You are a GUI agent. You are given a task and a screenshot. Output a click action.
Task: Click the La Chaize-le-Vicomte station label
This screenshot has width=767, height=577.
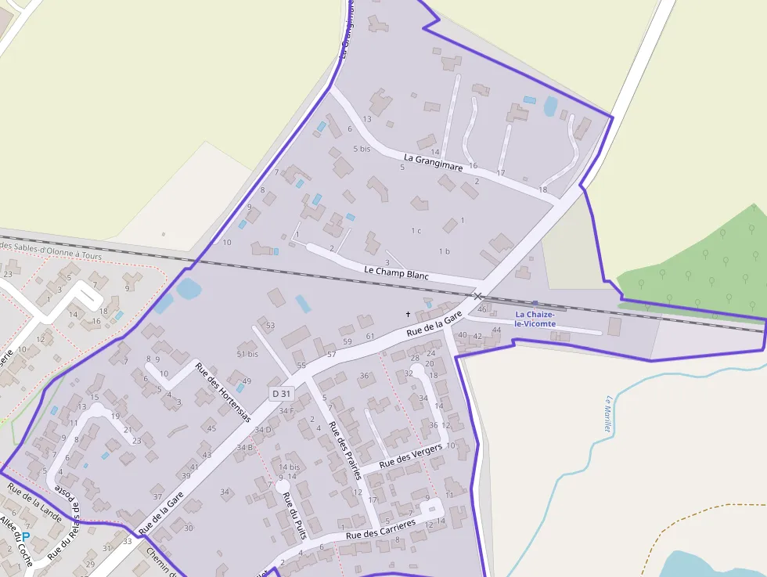pyautogui.click(x=535, y=319)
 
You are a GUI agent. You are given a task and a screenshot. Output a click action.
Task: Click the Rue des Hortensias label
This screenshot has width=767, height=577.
pyautogui.click(x=223, y=391)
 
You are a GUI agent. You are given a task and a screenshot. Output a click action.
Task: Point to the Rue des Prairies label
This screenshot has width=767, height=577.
pyautogui.click(x=344, y=449)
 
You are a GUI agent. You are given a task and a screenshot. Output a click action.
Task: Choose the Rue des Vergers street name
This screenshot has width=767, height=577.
pyautogui.click(x=410, y=456)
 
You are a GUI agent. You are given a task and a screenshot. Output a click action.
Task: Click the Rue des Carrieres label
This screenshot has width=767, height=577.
pyautogui.click(x=380, y=529)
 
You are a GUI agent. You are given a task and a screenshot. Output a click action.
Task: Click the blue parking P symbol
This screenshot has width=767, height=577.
pyautogui.click(x=25, y=537)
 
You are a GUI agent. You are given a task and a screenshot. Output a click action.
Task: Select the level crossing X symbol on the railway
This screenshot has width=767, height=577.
pyautogui.click(x=477, y=297)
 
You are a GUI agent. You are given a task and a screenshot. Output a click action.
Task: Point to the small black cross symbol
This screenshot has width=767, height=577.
pyautogui.click(x=407, y=314)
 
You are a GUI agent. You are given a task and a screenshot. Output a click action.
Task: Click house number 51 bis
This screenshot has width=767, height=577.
pyautogui.click(x=247, y=354)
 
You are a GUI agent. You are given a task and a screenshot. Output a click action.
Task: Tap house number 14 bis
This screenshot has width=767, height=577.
pyautogui.click(x=289, y=467)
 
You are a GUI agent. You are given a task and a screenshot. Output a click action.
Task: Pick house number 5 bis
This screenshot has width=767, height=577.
pyautogui.click(x=362, y=148)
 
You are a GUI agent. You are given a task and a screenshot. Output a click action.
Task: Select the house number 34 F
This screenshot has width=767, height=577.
pyautogui.click(x=286, y=410)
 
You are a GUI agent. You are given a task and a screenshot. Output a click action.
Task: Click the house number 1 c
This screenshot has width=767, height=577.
pyautogui.click(x=416, y=230)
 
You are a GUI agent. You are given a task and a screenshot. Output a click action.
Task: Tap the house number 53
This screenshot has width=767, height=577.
pyautogui.click(x=270, y=325)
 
